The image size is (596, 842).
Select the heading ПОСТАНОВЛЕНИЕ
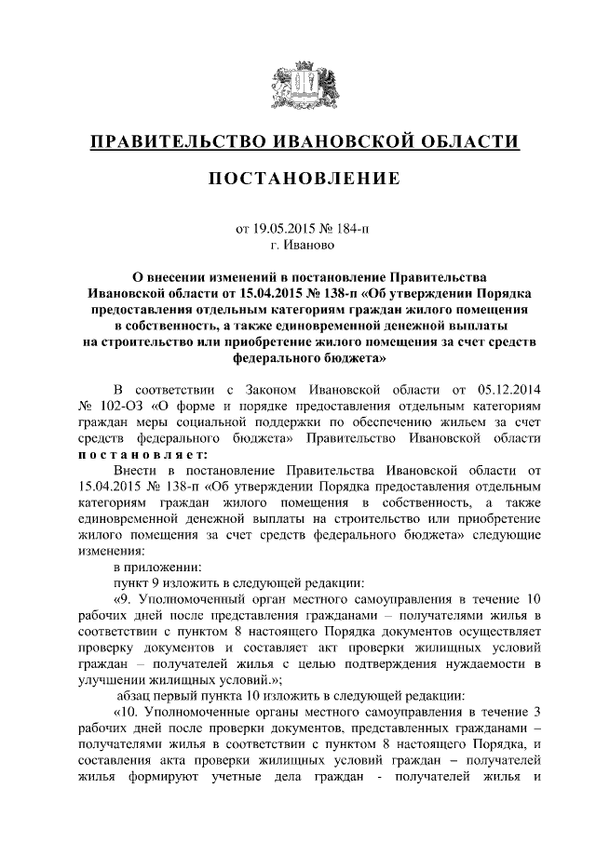coord(298,178)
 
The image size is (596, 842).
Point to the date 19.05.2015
coord(283,229)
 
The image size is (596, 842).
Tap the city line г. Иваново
coord(298,247)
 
